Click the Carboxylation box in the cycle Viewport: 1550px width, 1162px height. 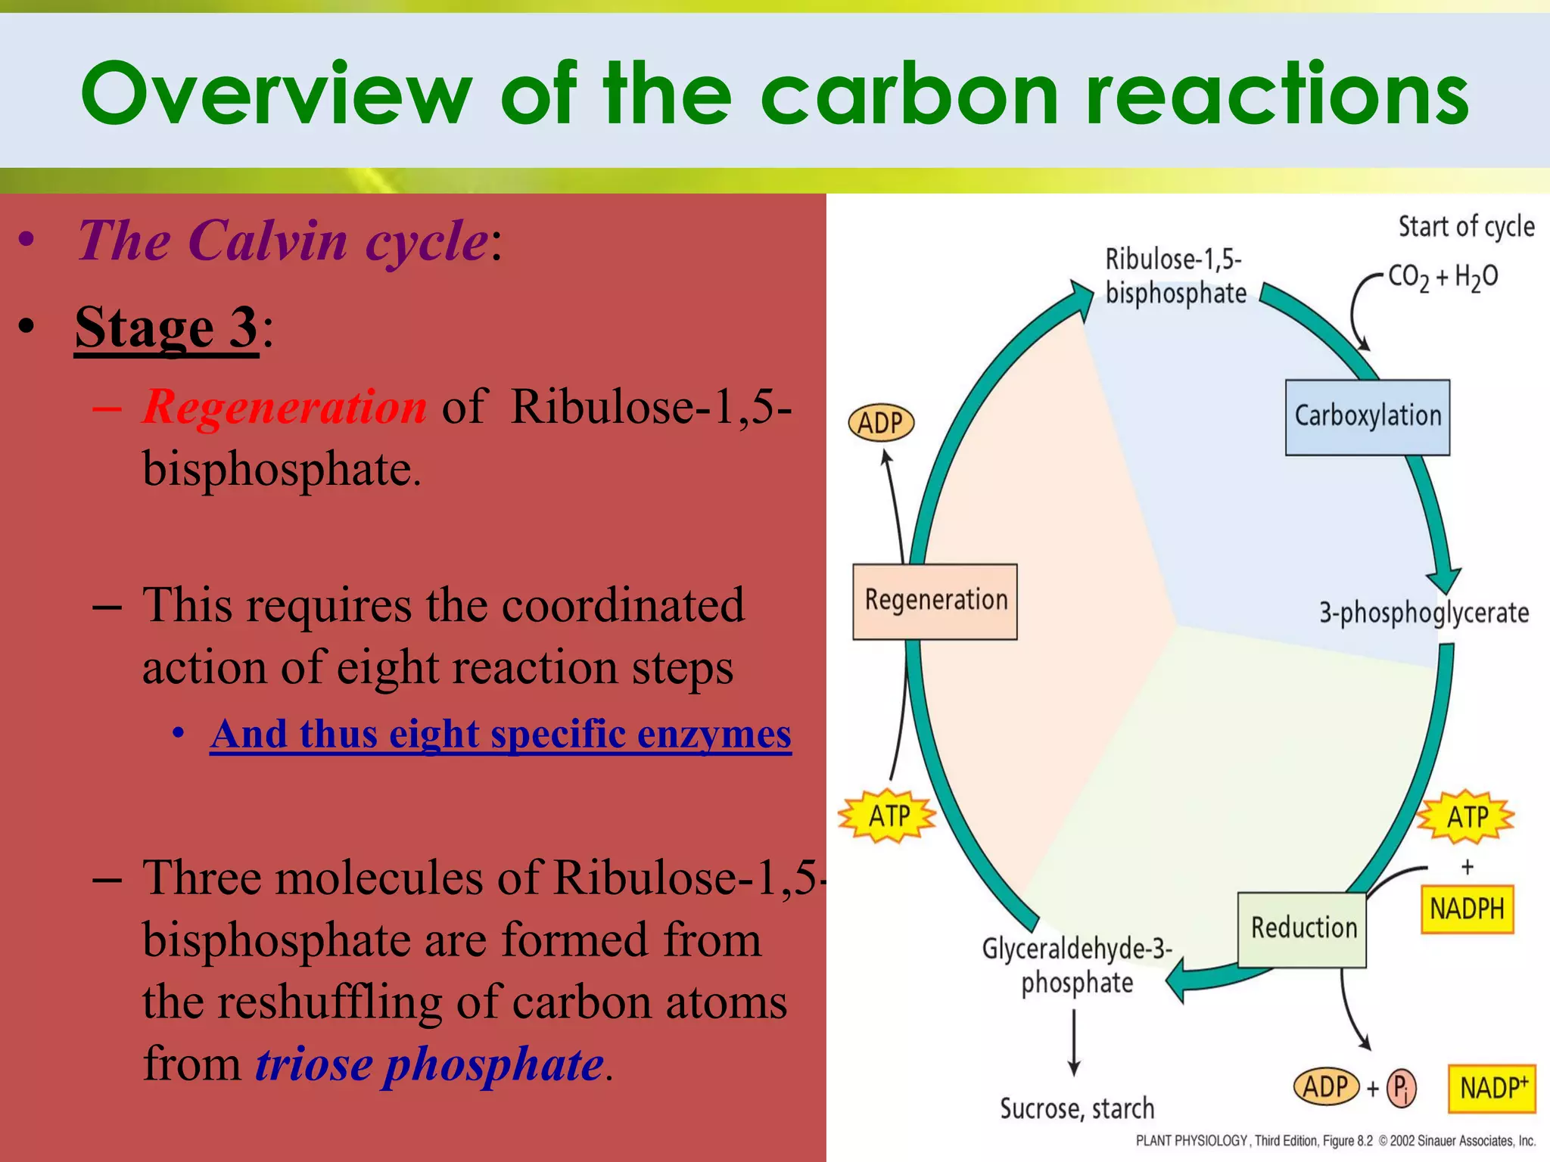tap(1368, 417)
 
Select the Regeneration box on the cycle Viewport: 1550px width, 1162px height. tap(935, 601)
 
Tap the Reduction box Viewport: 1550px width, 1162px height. tap(1302, 929)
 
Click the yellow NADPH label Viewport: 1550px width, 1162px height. tap(1467, 909)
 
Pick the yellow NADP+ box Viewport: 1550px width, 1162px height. tap(1492, 1088)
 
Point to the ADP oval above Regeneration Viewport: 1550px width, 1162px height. tap(881, 422)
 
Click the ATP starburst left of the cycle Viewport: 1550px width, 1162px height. tap(888, 816)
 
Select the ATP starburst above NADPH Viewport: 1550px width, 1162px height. tap(1466, 817)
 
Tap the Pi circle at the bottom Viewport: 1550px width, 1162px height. tap(1401, 1088)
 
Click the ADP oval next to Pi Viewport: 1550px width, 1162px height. tap(1325, 1087)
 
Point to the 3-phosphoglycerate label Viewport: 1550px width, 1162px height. tap(1424, 613)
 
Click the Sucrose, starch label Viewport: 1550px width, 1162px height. tap(1077, 1108)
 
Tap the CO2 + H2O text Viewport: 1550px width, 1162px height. tap(1443, 278)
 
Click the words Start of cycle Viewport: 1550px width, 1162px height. tap(1466, 226)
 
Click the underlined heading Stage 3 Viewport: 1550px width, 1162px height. tap(167, 328)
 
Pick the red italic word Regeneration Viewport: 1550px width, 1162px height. tap(285, 407)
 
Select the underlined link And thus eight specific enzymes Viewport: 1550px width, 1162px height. tap(501, 734)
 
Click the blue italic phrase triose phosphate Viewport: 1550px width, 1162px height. tap(429, 1064)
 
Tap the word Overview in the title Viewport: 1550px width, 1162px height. tap(276, 94)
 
